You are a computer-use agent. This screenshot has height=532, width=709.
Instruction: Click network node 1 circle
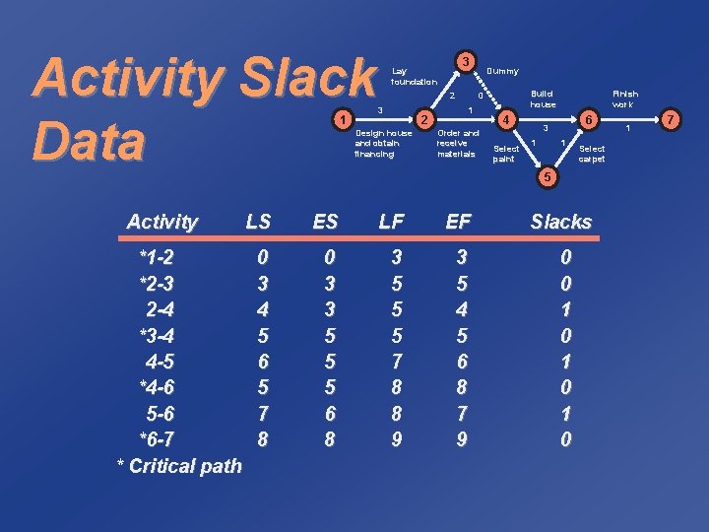coord(341,119)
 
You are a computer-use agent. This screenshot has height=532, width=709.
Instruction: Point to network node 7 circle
coord(670,119)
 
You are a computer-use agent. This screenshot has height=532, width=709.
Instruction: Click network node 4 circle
coord(505,119)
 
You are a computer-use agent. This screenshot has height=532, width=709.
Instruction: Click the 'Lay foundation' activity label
coord(414,76)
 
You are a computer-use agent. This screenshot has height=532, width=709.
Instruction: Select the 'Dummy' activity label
coord(502,71)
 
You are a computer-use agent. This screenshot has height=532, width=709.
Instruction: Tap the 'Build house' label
coord(543,99)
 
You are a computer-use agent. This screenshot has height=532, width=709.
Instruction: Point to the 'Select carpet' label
coord(592,154)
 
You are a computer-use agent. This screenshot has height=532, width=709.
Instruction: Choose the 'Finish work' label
coord(625,99)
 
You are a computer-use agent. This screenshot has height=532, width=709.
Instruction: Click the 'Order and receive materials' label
coord(457,143)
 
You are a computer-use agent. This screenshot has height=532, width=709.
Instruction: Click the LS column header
coord(259,223)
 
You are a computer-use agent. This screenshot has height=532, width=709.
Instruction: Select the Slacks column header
coord(561,223)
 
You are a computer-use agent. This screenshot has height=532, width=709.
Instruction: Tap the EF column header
coord(458,223)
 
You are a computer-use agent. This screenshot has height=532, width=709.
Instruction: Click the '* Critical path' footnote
coord(179,466)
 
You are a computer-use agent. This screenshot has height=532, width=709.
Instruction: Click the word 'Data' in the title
coord(89,141)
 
